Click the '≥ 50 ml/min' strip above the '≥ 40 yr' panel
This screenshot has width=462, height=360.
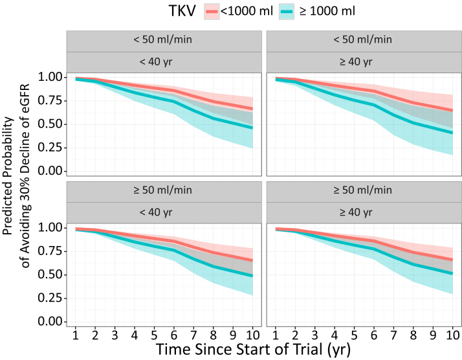tap(364, 191)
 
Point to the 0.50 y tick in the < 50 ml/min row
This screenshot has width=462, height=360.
tap(52, 124)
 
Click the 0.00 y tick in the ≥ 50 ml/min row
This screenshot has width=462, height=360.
tap(52, 322)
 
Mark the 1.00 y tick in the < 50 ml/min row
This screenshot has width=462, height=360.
tap(52, 77)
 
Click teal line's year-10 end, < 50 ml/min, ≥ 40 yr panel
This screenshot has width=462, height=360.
tap(452, 133)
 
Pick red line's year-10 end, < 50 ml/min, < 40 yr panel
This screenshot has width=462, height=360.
tap(252, 109)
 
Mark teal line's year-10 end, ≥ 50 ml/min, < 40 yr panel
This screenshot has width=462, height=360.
tap(252, 276)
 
